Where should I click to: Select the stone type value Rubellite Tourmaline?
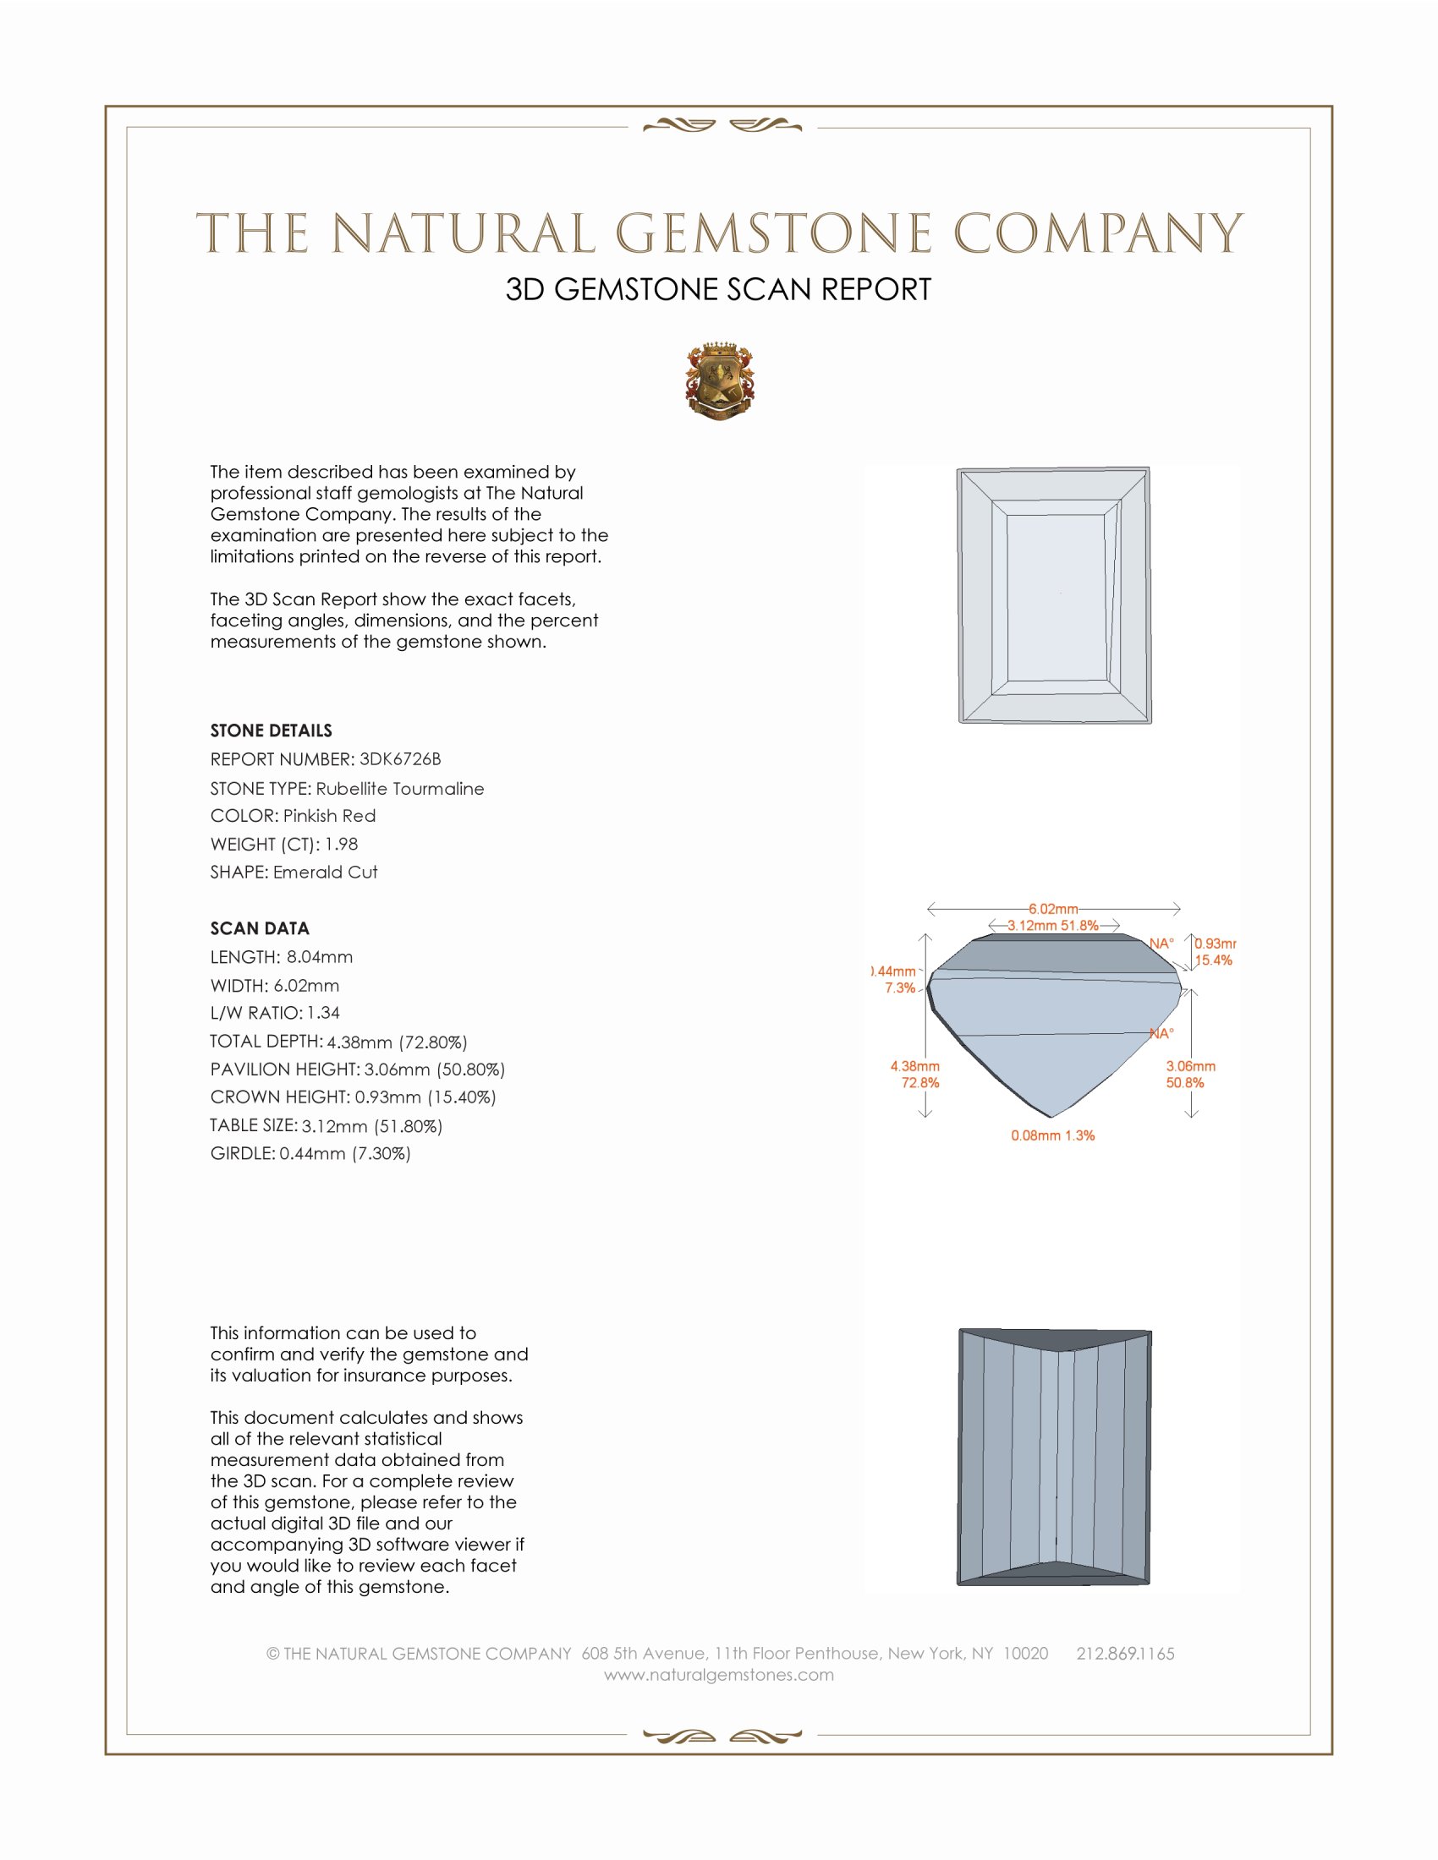[399, 789]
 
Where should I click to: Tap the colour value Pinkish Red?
[329, 816]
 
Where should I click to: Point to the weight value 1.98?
[341, 844]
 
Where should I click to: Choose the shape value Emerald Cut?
[325, 873]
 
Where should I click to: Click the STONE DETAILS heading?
[271, 730]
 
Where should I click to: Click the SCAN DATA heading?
[259, 928]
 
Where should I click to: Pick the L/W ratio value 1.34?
[323, 1013]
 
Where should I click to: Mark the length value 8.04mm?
[320, 957]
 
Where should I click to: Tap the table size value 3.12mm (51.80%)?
[371, 1126]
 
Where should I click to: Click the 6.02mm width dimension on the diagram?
[1053, 909]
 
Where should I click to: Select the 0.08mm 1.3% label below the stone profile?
[1052, 1135]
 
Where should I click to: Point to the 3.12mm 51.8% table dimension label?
[1052, 925]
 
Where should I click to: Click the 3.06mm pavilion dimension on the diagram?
[1190, 1066]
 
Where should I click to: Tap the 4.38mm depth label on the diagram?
[915, 1066]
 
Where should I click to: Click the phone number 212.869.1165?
[1124, 1654]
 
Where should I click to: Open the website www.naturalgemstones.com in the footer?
[719, 1675]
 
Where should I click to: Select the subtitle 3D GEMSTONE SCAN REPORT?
[718, 289]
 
